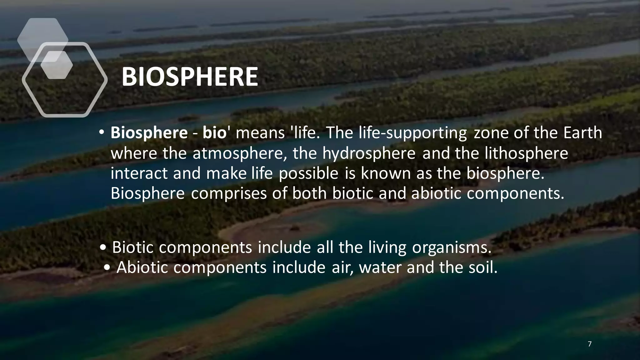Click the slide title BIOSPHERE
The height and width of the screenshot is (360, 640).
[190, 77]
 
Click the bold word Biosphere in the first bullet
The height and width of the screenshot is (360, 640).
[149, 133]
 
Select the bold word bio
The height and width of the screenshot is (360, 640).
[214, 133]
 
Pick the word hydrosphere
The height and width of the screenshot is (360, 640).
[369, 153]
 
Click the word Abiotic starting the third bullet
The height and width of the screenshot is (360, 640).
[142, 267]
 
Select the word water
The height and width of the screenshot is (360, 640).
[380, 268]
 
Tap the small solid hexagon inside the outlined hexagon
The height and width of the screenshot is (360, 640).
[57, 65]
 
